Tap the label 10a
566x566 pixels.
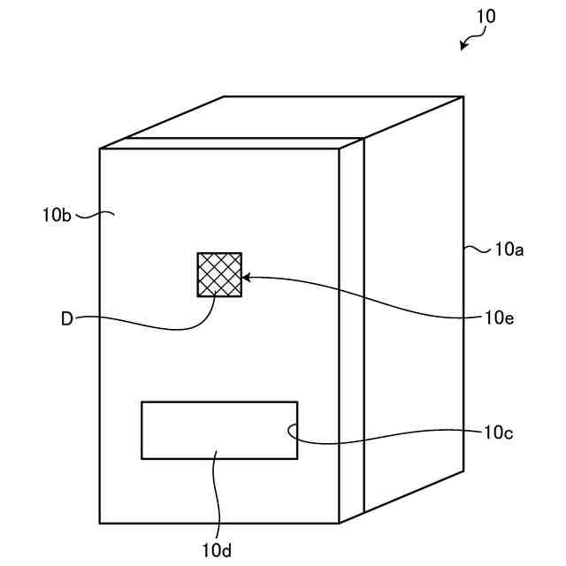[509, 250]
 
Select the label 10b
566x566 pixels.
[57, 214]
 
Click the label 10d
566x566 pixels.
[217, 551]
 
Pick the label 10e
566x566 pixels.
[499, 315]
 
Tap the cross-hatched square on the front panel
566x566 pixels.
[218, 274]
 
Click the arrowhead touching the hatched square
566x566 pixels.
[247, 278]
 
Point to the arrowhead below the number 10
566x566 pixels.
[463, 45]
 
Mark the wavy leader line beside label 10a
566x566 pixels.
[478, 250]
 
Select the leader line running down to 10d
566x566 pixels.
[215, 495]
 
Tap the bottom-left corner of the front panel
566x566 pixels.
[100, 523]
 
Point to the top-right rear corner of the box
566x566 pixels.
[463, 96]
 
